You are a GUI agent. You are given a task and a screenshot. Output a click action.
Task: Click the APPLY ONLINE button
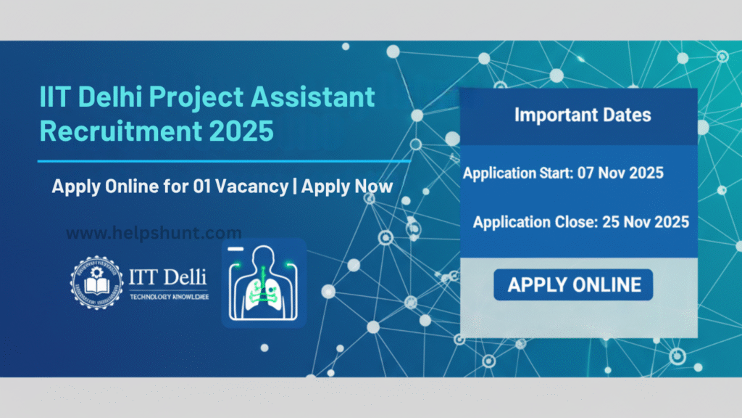pyautogui.click(x=574, y=284)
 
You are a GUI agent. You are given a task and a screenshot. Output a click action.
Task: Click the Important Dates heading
pyautogui.click(x=583, y=115)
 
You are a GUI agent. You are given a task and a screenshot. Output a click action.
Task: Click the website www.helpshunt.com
pyautogui.click(x=154, y=234)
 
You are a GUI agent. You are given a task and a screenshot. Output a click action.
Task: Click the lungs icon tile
pyautogui.click(x=263, y=283)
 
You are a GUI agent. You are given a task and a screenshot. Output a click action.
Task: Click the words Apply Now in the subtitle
pyautogui.click(x=347, y=187)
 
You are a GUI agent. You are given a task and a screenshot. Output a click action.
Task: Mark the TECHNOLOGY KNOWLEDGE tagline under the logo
pyautogui.click(x=168, y=297)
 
